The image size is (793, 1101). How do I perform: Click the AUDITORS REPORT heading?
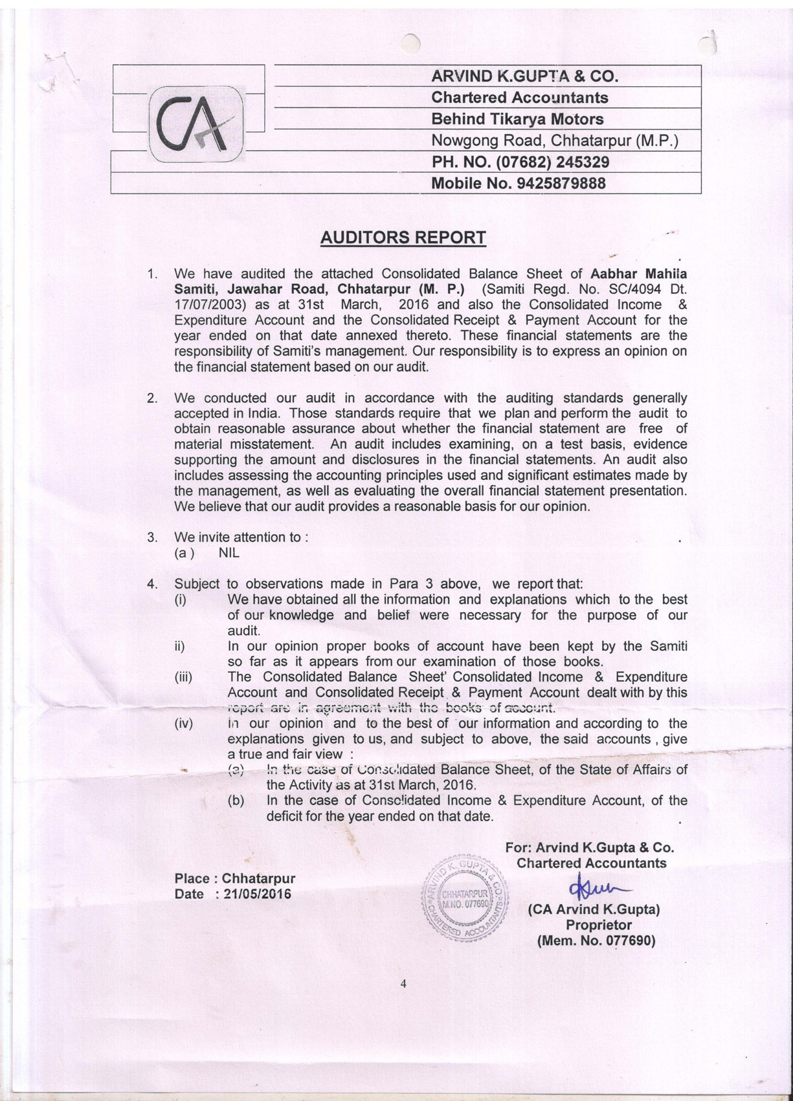(x=403, y=238)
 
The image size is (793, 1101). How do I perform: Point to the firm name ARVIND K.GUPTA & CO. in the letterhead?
(x=525, y=76)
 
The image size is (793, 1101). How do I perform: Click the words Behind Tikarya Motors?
(x=517, y=119)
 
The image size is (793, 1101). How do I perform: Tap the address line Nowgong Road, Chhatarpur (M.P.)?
(x=554, y=141)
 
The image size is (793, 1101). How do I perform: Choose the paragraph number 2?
(x=152, y=398)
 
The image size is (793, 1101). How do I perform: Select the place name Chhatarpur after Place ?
(x=258, y=879)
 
